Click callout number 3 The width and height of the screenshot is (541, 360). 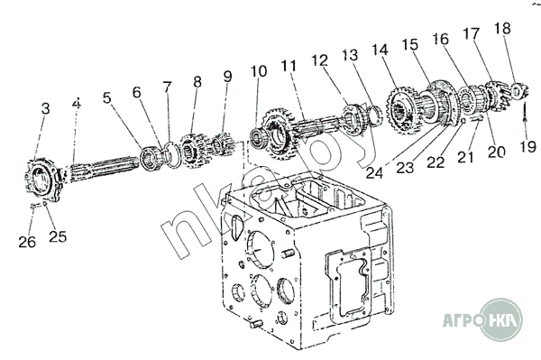46,109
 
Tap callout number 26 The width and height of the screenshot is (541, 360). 27,242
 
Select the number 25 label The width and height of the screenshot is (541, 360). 58,236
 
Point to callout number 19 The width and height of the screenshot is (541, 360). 527,146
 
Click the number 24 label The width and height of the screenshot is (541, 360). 374,172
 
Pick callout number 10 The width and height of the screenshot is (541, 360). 259,71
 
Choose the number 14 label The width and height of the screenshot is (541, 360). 381,50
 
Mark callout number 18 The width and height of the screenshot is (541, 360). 502,28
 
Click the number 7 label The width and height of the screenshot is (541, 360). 168,87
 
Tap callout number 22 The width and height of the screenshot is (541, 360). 436,162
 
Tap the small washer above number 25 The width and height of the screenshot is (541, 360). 45,204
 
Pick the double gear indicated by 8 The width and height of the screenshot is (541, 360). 193,152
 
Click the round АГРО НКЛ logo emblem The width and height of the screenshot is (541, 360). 501,319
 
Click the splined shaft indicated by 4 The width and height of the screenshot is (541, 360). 104,171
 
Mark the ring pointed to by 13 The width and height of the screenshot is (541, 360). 375,115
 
